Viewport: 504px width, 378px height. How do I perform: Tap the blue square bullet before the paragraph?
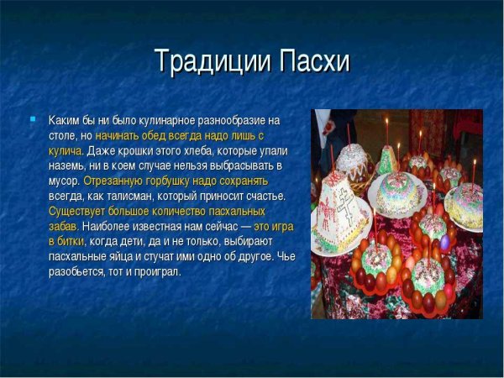point(33,120)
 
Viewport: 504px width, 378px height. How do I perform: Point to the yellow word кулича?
point(66,150)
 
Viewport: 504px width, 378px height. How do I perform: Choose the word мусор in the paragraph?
point(64,181)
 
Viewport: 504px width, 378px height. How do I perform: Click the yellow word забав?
point(63,226)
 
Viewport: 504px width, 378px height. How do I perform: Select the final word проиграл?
point(158,271)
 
